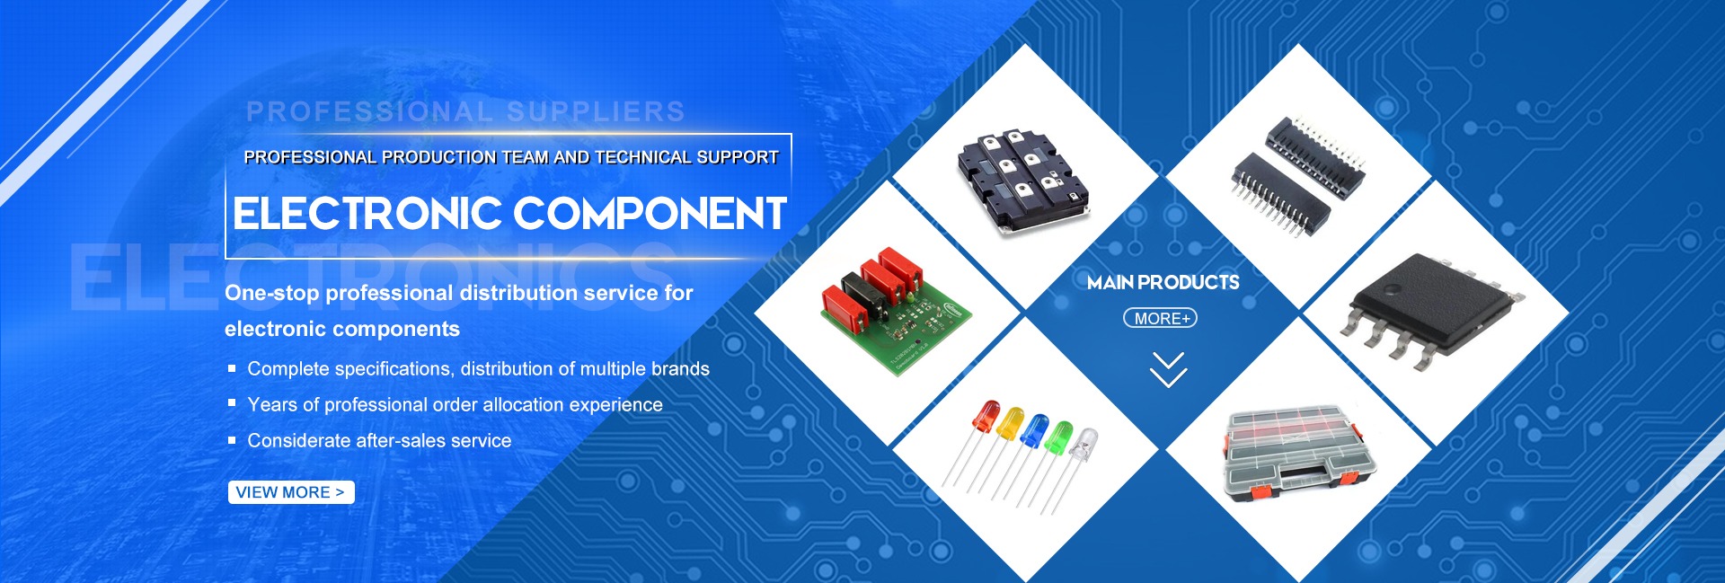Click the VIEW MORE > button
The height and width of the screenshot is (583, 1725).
coord(291,492)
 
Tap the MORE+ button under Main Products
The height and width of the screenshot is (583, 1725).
coord(1161,318)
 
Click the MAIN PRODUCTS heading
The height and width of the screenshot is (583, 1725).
coord(1163,283)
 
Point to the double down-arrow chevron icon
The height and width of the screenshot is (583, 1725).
coord(1168,370)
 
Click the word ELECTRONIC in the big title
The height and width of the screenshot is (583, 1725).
coord(367,214)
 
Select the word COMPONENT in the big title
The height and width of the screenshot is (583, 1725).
coord(650,214)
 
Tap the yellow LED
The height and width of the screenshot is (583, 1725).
coord(1010,424)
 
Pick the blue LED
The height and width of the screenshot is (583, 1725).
coord(1035,430)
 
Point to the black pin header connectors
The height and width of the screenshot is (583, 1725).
coord(1298,176)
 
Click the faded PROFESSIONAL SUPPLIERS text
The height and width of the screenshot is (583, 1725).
coord(465,111)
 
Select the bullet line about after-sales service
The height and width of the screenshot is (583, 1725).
coord(379,441)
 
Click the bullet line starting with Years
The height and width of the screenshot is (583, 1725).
coord(455,405)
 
